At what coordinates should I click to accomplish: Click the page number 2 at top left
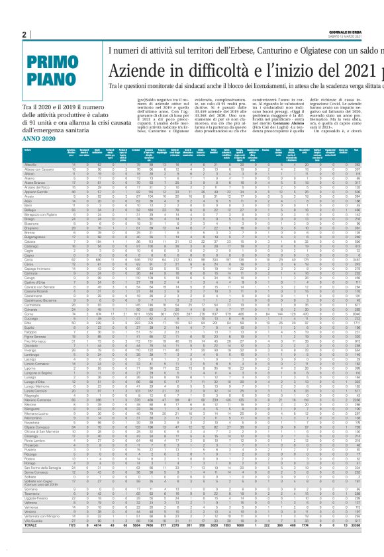click(x=24, y=34)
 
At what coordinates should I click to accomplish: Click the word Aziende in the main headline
click(x=146, y=69)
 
